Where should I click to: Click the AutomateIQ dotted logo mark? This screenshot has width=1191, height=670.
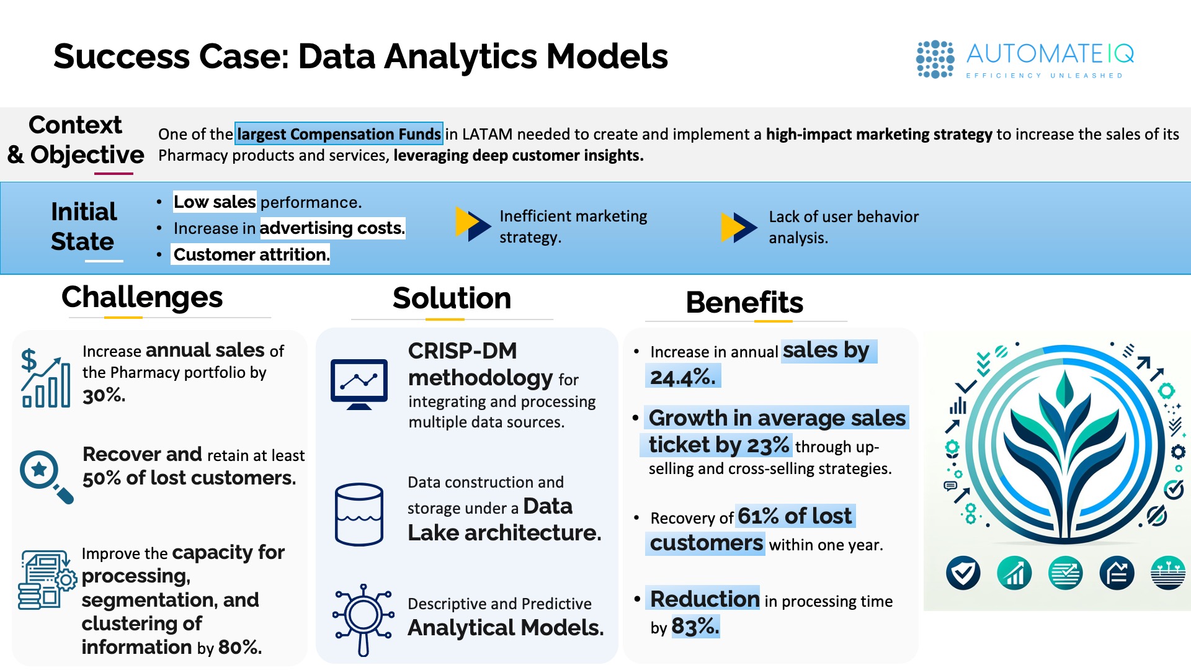tap(935, 60)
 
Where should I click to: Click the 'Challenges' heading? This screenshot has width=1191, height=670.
tap(142, 297)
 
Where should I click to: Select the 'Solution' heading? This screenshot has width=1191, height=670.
tap(452, 298)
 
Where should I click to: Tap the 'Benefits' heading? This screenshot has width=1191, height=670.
tap(744, 303)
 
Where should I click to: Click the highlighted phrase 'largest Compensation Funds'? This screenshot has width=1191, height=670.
tap(339, 134)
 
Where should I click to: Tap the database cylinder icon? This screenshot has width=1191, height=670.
tap(359, 514)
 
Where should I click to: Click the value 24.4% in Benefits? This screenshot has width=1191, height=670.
tap(683, 377)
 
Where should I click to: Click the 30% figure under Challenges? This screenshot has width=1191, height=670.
tap(104, 395)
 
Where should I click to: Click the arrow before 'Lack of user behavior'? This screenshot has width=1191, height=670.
tap(739, 227)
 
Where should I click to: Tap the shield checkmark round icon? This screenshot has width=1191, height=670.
tap(963, 573)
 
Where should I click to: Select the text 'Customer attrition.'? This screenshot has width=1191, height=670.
tap(251, 254)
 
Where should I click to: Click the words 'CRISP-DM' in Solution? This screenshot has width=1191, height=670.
tap(462, 351)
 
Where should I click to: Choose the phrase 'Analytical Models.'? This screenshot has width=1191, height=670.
tap(506, 628)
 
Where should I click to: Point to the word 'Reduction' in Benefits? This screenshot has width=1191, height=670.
tap(705, 599)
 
